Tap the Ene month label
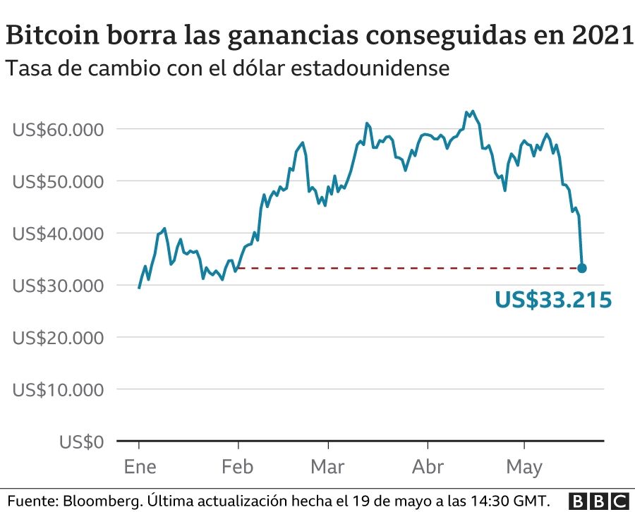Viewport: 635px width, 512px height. [139, 468]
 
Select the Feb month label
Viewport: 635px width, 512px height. [238, 468]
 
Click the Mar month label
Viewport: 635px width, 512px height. [328, 468]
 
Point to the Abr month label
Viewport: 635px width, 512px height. [428, 468]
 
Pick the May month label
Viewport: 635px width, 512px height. [524, 468]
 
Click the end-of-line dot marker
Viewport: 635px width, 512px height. [582, 268]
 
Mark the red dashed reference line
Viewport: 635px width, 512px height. [409, 268]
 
